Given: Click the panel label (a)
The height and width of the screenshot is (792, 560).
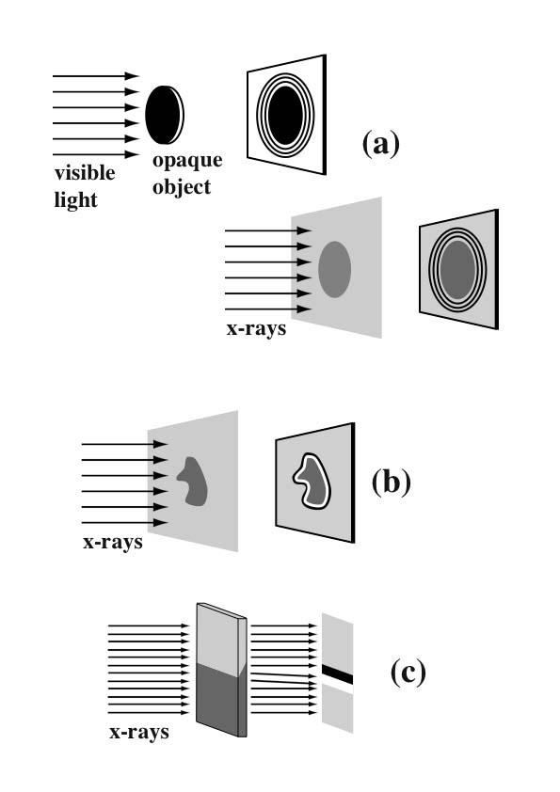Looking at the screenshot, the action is [x=381, y=144].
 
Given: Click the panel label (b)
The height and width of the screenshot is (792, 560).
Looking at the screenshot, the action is [x=392, y=482].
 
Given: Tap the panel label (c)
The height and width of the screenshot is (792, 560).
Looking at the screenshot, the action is [x=408, y=673].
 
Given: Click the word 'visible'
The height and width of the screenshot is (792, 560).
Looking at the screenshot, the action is [x=85, y=173].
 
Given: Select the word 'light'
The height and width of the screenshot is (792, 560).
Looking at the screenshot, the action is [x=75, y=199].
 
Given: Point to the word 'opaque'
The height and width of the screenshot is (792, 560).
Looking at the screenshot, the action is [x=187, y=161].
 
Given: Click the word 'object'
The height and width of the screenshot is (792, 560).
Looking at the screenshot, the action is [x=182, y=188].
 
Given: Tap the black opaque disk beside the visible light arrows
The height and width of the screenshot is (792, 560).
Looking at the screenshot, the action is [x=164, y=115].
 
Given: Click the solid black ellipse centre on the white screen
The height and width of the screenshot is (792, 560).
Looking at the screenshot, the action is [x=285, y=115].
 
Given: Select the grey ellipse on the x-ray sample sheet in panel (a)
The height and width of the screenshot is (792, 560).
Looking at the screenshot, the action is [x=334, y=269].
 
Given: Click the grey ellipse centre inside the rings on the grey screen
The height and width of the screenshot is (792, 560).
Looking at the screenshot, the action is [x=457, y=270].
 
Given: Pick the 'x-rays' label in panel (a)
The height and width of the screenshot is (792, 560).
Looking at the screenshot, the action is [x=256, y=328].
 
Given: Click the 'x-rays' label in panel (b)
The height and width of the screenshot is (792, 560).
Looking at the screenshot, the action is [x=113, y=542].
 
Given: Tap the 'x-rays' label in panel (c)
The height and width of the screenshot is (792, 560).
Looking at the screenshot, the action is [x=139, y=733].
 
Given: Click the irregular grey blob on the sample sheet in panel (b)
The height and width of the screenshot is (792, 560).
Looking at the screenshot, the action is [x=193, y=482].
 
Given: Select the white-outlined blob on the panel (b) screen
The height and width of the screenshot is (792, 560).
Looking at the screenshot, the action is [x=312, y=482].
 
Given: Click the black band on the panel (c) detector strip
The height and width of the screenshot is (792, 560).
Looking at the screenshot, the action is [x=337, y=674].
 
